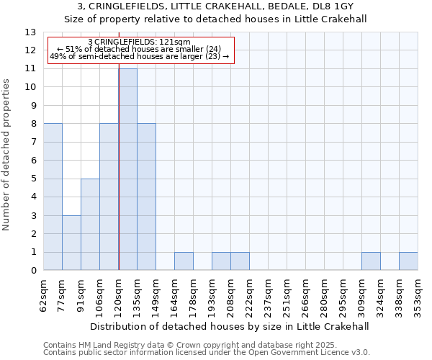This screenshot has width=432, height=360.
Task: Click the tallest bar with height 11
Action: pyautogui.click(x=127, y=169)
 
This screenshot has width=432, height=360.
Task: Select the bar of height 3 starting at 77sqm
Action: pyautogui.click(x=71, y=243)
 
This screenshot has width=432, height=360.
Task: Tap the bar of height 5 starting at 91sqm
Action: pyautogui.click(x=90, y=225)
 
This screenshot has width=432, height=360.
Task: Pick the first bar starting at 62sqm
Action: pyautogui.click(x=53, y=197)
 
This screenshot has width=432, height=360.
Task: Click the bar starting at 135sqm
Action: pyautogui.click(x=146, y=197)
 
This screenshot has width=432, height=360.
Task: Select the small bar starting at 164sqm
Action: pyautogui.click(x=184, y=261)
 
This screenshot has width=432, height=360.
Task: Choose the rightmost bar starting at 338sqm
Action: pyautogui.click(x=408, y=261)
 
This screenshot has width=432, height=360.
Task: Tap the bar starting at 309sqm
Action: pyautogui.click(x=371, y=261)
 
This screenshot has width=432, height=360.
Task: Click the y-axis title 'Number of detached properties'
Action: pyautogui.click(x=7, y=154)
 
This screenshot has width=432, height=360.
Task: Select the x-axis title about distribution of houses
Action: pyautogui.click(x=230, y=326)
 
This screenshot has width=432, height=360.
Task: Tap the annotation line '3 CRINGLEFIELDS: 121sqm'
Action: pyautogui.click(x=139, y=42)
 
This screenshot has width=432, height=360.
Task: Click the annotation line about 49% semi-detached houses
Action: pyautogui.click(x=140, y=56)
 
